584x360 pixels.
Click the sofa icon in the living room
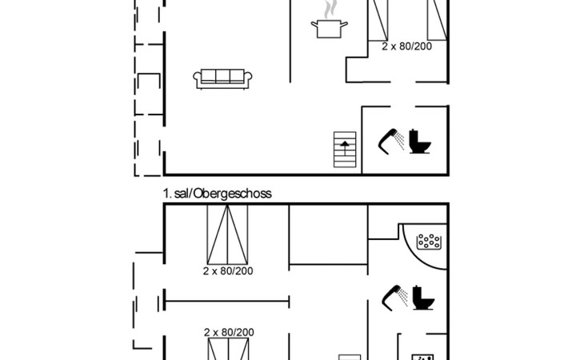pos(222,79)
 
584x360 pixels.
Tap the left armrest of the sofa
pos(197,78)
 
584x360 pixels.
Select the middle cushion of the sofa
pos(222,76)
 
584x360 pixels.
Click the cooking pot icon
pos(330,29)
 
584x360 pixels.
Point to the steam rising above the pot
pos(330,10)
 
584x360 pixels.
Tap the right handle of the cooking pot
pos(345,25)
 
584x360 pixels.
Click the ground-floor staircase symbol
pos(345,150)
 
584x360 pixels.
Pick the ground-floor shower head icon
pos(390,141)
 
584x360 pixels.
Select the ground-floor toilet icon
pos(420,141)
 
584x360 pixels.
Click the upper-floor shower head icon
pos(394,298)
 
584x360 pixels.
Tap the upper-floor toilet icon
pos(423,298)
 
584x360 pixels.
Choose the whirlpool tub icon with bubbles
pos(429,242)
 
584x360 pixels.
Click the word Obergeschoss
pos(233,194)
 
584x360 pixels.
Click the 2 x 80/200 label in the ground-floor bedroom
pos(406,46)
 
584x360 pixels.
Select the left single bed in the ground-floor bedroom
pos(378,20)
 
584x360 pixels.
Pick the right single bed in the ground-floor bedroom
pos(438,20)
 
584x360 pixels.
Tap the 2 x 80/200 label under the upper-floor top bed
pos(228,271)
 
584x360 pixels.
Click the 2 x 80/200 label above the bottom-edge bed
pos(229,332)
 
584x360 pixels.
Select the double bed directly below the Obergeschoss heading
pos(227,234)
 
